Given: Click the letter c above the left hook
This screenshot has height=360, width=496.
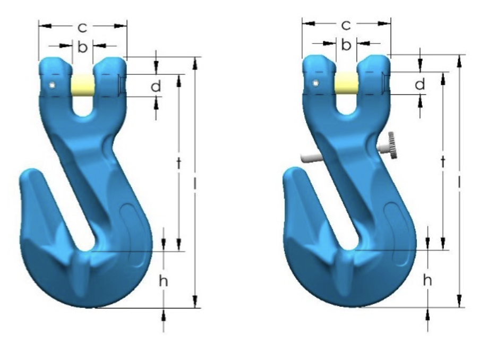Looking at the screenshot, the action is pos(82,28).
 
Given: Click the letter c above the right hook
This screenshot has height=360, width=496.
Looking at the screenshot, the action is pos(346,25).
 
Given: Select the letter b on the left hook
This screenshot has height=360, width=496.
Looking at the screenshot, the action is pos(82,47).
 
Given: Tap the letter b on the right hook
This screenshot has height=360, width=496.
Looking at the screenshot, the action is pos(346,45).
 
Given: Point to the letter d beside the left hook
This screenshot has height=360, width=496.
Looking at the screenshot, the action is pos(156,85).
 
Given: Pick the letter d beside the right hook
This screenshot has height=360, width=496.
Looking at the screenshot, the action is pos(420,84).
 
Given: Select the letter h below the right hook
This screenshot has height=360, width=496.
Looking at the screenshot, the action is pos(427,280).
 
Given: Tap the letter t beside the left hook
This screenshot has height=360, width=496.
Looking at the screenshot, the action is pos(179,163).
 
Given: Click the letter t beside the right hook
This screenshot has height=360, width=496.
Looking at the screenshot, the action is pos(443,161).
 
